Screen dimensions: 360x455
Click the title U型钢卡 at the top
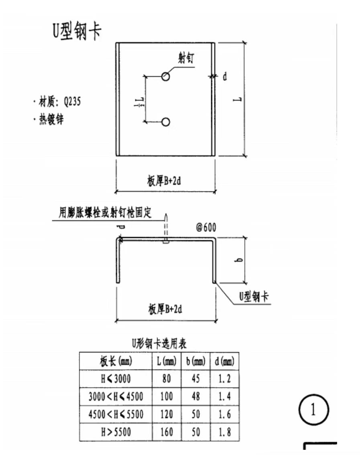click(x=77, y=31)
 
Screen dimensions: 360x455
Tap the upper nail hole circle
click(x=166, y=76)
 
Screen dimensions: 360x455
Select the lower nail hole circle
click(x=166, y=122)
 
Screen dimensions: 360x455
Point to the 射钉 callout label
click(x=186, y=58)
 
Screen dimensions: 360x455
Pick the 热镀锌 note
click(x=51, y=119)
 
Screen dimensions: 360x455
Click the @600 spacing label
click(x=206, y=227)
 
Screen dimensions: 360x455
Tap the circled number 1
click(x=313, y=410)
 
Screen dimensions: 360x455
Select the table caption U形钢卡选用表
click(x=159, y=344)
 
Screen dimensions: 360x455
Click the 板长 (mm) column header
click(x=116, y=361)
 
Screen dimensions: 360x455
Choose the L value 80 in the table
click(x=166, y=378)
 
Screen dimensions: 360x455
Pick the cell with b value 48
click(x=196, y=396)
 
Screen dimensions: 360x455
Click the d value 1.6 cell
click(x=225, y=414)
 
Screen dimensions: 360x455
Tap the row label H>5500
click(x=116, y=432)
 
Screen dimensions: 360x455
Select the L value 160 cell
click(x=166, y=432)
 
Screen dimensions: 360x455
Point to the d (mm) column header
click(x=225, y=361)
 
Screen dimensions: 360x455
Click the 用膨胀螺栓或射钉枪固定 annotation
click(x=105, y=212)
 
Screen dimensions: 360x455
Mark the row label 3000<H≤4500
click(x=116, y=396)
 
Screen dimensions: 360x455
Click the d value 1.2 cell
click(x=225, y=378)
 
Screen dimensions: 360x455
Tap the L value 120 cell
click(x=166, y=414)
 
